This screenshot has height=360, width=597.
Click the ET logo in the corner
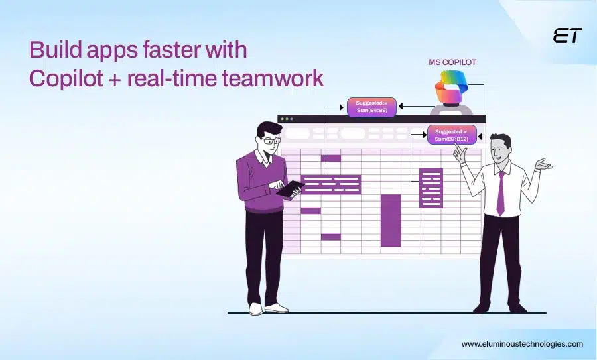(x=567, y=36)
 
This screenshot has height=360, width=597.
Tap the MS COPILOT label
(x=452, y=62)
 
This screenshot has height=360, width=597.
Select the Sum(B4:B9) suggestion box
(x=371, y=106)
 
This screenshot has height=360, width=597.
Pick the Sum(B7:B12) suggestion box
(x=452, y=135)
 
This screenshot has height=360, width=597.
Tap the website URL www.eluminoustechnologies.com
(x=522, y=344)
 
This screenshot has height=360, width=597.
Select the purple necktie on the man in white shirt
(x=501, y=192)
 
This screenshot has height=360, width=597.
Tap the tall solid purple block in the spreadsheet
(x=391, y=220)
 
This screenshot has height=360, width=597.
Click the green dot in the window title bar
(x=292, y=119)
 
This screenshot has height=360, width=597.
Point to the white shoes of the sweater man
(x=265, y=308)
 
